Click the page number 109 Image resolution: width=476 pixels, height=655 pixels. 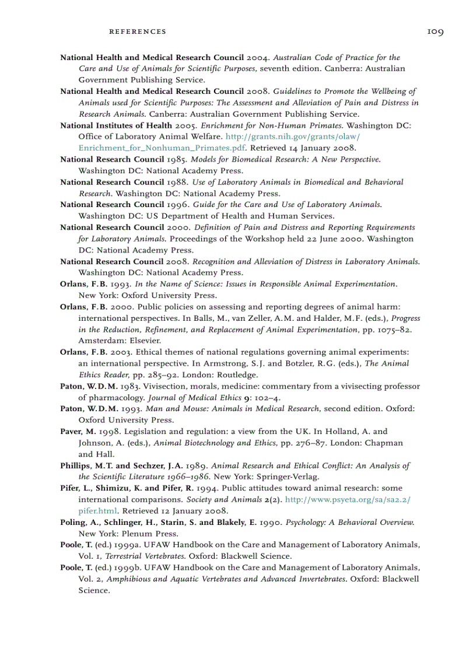(435, 31)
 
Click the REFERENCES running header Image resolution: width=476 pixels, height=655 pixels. (138, 31)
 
